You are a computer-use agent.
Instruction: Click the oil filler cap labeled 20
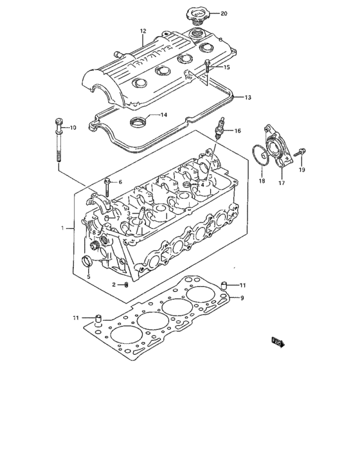click(x=195, y=15)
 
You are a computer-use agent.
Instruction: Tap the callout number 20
click(x=224, y=13)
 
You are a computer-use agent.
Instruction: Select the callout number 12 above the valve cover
click(x=143, y=31)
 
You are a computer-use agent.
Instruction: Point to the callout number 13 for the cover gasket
click(x=248, y=97)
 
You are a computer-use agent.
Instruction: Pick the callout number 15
click(x=226, y=67)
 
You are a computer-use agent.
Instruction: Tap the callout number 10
click(x=72, y=128)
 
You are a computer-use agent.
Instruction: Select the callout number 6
click(x=119, y=182)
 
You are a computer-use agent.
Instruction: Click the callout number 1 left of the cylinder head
click(x=62, y=228)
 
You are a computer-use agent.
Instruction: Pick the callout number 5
click(x=88, y=278)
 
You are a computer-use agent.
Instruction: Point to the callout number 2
click(x=114, y=284)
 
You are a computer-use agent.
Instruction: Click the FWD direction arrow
click(x=277, y=341)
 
